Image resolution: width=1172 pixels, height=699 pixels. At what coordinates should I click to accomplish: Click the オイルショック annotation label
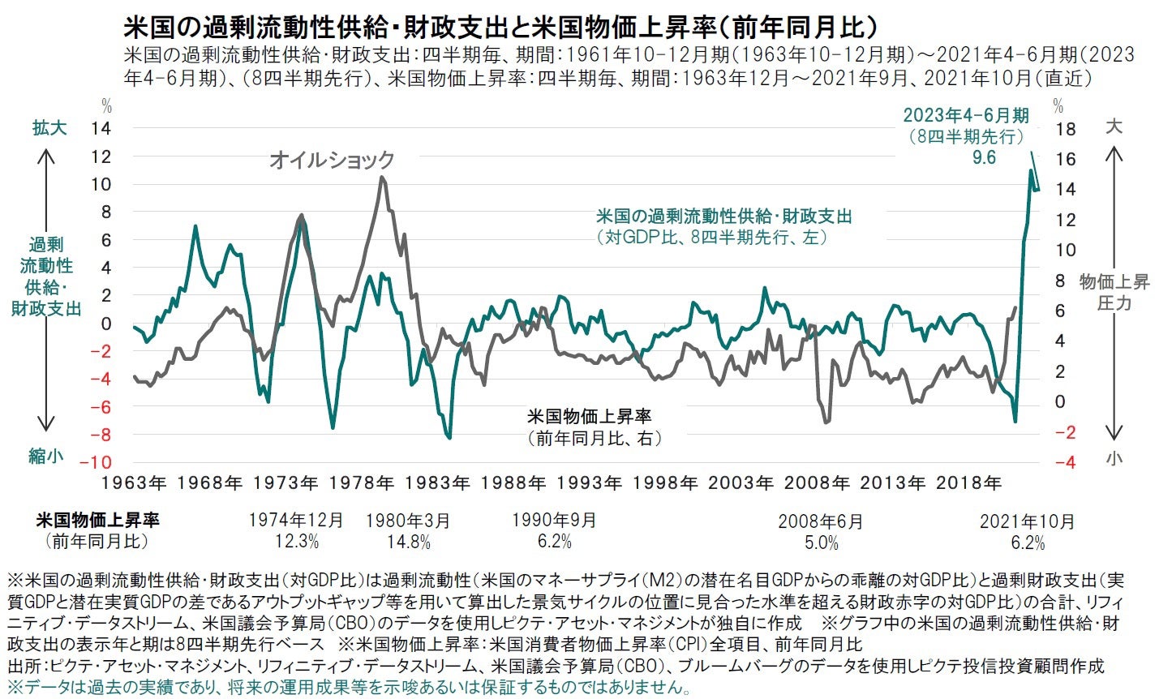tap(332, 160)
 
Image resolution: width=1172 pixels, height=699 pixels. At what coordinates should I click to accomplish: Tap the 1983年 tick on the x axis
tap(437, 483)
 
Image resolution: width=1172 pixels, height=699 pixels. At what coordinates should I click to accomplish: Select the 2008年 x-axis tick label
tap(817, 483)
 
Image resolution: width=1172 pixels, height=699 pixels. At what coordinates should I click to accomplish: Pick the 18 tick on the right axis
tap(1066, 129)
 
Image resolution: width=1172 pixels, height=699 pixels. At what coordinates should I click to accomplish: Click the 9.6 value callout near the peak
tap(984, 157)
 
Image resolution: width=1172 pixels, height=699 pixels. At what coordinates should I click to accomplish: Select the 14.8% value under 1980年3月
tap(409, 541)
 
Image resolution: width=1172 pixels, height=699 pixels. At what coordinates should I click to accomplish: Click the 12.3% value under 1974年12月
tap(297, 541)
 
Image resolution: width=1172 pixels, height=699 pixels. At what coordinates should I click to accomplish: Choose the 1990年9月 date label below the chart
tap(555, 520)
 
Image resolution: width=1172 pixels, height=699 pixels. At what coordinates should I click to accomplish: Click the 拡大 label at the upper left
tap(49, 127)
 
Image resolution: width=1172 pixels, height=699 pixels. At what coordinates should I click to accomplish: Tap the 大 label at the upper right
tap(1114, 127)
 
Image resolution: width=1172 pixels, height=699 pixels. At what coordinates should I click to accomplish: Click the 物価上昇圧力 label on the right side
tap(1114, 292)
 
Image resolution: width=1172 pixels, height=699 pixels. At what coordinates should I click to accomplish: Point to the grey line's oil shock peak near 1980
tap(382, 178)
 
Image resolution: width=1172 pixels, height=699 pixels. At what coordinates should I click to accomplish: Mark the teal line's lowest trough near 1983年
tap(449, 438)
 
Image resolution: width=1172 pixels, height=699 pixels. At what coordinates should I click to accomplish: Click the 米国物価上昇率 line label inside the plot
tap(589, 418)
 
